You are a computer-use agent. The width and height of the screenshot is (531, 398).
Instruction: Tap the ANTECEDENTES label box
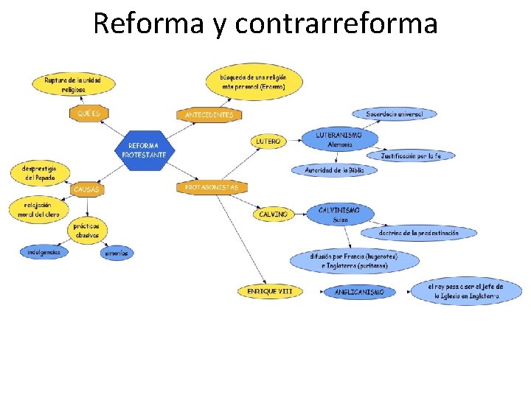209,115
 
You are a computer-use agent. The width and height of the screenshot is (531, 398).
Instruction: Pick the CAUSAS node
86,189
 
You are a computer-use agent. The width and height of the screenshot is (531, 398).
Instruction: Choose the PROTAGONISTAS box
212,188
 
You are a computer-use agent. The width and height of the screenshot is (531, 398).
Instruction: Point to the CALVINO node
273,214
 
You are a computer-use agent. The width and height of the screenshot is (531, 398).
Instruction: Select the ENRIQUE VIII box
270,291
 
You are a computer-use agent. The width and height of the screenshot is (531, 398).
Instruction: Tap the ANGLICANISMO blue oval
359,293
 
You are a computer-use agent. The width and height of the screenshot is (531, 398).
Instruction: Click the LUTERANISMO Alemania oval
339,140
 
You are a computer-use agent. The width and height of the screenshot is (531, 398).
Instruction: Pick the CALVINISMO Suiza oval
339,214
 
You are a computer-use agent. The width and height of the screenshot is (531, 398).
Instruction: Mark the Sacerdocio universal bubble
394,114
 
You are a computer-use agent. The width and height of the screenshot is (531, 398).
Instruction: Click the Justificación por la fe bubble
417,156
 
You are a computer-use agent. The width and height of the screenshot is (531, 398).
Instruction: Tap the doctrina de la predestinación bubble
418,233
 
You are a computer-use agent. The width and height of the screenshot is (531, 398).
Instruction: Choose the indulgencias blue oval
44,252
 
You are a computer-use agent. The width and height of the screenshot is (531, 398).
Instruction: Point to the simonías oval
117,253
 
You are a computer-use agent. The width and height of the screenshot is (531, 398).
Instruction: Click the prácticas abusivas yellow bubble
86,230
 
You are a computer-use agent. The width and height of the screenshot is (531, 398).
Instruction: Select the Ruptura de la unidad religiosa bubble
72,83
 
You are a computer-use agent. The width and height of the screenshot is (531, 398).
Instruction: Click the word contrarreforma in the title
336,24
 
